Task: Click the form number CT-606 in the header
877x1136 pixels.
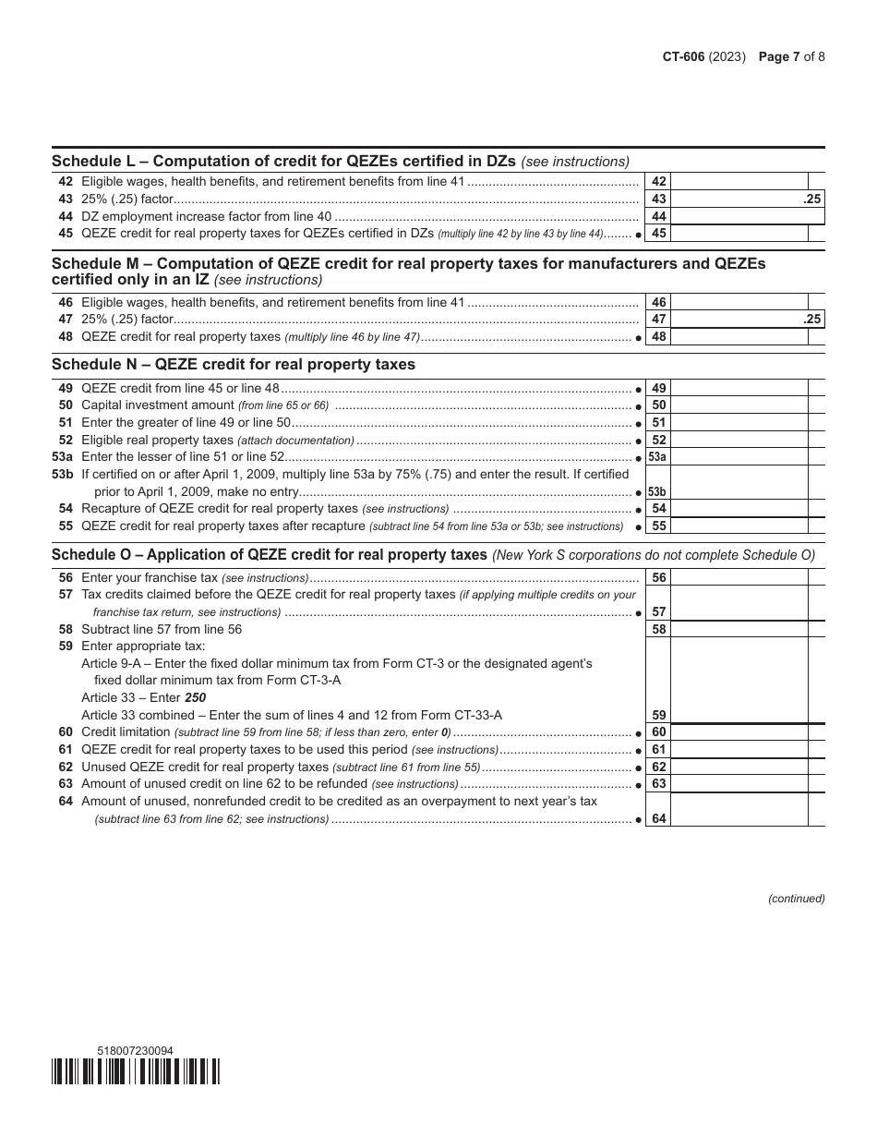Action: [x=683, y=56]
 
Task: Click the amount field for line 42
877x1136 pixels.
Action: [x=739, y=183]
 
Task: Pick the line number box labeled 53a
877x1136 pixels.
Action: [x=657, y=457]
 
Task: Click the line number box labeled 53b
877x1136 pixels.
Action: [x=657, y=492]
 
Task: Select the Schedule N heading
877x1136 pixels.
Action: [x=234, y=364]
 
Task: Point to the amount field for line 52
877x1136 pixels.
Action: [x=739, y=441]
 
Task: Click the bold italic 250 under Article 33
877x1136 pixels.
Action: [x=196, y=697]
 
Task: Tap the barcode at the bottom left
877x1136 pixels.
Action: [x=136, y=1071]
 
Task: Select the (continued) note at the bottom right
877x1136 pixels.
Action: [x=796, y=899]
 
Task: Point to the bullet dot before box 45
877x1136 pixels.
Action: [x=639, y=235]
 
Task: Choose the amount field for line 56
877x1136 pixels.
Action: [x=739, y=578]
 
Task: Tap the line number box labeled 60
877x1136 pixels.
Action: [x=658, y=732]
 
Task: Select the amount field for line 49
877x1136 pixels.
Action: [x=739, y=389]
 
